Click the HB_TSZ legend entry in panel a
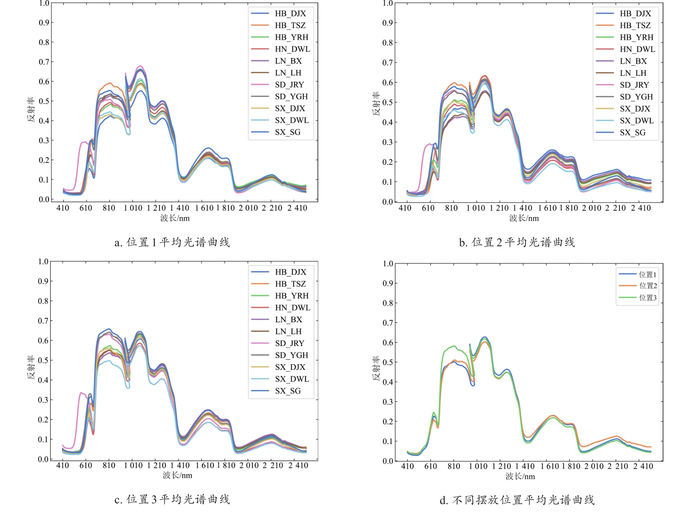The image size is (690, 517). click(x=290, y=26)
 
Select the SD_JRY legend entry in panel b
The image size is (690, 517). click(x=634, y=85)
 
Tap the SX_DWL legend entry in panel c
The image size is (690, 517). click(x=292, y=379)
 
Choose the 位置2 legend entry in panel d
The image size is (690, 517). click(x=648, y=286)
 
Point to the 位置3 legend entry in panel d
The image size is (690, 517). click(x=648, y=298)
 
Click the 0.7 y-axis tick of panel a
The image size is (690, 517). click(x=44, y=62)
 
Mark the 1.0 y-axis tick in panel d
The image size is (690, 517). click(x=388, y=264)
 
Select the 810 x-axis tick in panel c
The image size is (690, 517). click(x=109, y=466)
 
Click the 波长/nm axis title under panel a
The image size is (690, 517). click(x=175, y=218)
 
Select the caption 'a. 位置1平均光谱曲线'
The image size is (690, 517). click(x=172, y=242)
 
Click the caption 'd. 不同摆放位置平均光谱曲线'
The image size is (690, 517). click(x=517, y=500)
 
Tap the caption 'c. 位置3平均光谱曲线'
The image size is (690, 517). click(x=172, y=499)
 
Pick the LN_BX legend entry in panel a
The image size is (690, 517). click(x=288, y=61)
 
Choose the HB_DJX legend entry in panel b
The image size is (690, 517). click(x=635, y=14)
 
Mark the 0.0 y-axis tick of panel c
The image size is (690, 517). click(x=43, y=459)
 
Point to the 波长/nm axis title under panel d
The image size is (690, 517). click(x=520, y=477)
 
